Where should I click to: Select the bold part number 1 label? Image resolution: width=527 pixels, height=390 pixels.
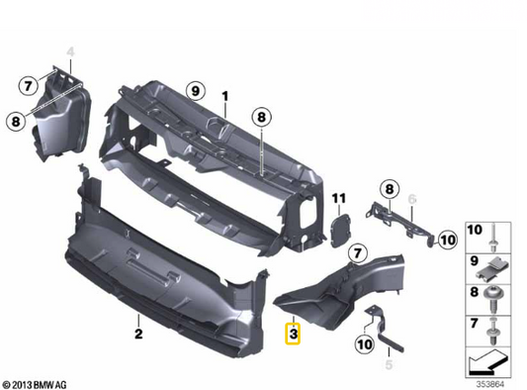224,96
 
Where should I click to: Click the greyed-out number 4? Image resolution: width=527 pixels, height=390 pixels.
70,50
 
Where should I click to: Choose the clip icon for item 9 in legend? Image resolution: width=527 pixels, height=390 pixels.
492,266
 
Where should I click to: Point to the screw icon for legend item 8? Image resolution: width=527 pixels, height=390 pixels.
492,295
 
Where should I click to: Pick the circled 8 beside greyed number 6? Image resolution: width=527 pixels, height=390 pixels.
390,189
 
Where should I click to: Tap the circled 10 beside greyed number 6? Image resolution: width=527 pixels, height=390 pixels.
446,238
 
